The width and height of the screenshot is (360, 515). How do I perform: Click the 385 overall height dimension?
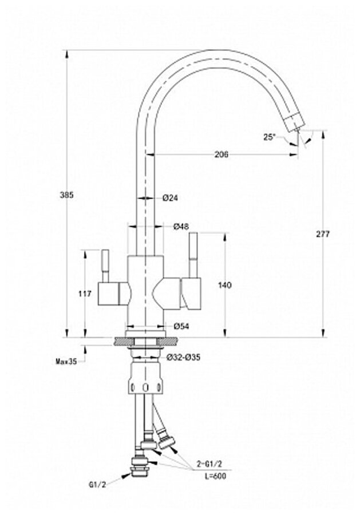(x=67, y=195)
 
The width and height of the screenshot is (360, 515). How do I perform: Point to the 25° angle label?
(x=269, y=137)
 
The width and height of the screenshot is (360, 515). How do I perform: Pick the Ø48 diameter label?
(x=181, y=227)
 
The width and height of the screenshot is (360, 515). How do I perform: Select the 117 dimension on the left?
(x=84, y=294)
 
